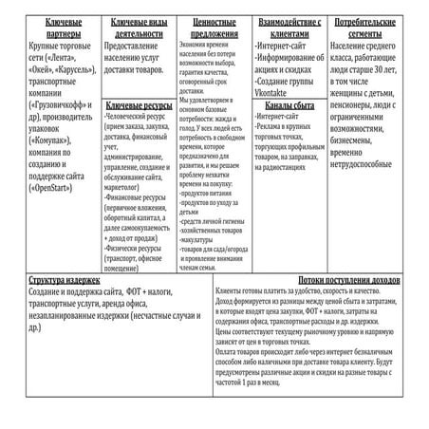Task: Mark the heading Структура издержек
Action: coord(66,282)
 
